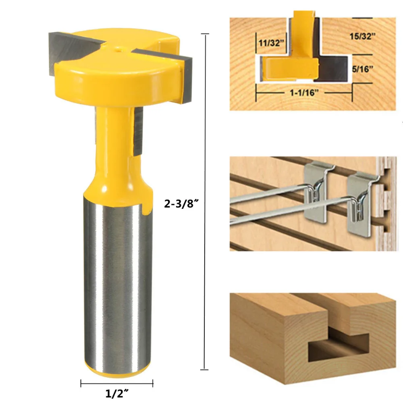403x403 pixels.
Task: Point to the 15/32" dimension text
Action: coord(362,36)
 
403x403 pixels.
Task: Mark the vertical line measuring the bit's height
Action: coord(206,201)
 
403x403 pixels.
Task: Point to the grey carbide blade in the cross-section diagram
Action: coord(334,69)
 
